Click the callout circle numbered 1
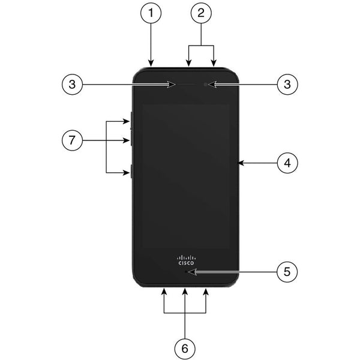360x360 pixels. tap(151, 13)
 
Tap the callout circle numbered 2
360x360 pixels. tap(201, 13)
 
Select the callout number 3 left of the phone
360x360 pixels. tap(72, 84)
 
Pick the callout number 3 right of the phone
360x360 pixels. tap(287, 84)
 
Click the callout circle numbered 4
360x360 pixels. tap(287, 163)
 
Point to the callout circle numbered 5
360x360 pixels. tap(287, 272)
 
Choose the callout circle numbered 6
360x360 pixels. tap(185, 349)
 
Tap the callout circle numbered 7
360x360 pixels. tap(72, 140)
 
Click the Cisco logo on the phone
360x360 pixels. tap(186, 260)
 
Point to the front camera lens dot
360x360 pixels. tap(205, 85)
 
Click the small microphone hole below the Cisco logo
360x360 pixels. tap(186, 272)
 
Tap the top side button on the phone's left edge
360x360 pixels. tap(131, 120)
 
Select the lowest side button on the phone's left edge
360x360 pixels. tap(131, 171)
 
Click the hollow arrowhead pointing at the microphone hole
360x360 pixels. tap(192, 272)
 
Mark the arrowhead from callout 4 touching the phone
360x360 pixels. tap(241, 163)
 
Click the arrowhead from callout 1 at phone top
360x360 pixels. tap(151, 64)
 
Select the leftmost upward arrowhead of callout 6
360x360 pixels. tap(164, 292)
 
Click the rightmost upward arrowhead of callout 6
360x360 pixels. tap(206, 292)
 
